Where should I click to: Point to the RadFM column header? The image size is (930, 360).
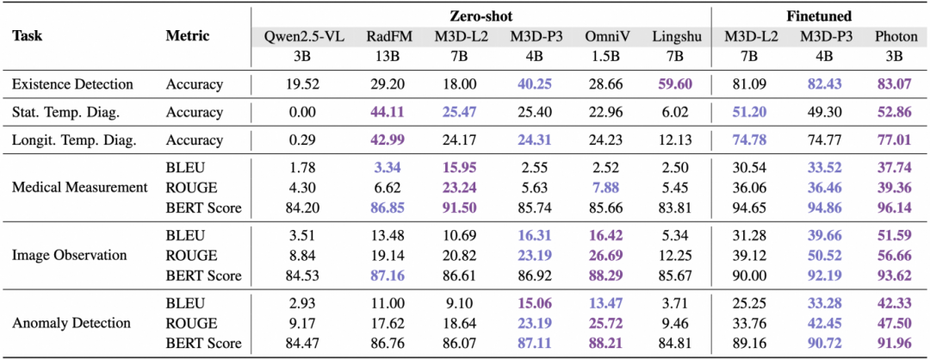pyautogui.click(x=386, y=35)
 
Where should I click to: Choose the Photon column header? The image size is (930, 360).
pyautogui.click(x=893, y=35)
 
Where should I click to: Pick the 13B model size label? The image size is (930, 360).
pyautogui.click(x=386, y=57)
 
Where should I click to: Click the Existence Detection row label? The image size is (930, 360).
pyautogui.click(x=73, y=84)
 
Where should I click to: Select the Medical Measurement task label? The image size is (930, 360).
pyautogui.click(x=79, y=188)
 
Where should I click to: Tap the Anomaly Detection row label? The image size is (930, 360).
pyautogui.click(x=71, y=323)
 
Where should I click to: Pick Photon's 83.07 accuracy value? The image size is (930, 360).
pyautogui.click(x=893, y=84)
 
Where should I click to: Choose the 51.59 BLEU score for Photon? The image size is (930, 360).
pyautogui.click(x=893, y=235)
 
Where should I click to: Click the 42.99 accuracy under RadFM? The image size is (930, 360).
pyautogui.click(x=386, y=140)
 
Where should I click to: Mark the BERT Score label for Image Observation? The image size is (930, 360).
pyautogui.click(x=203, y=276)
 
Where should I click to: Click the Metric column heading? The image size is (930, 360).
pyautogui.click(x=188, y=35)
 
